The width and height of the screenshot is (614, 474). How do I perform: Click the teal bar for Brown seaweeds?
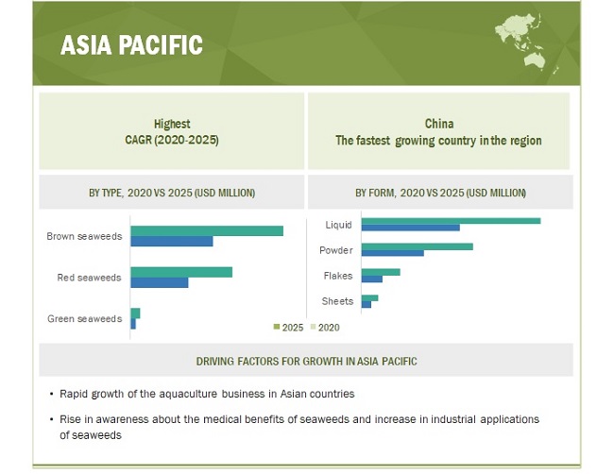(x=207, y=231)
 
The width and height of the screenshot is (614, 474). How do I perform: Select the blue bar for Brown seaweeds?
(x=172, y=241)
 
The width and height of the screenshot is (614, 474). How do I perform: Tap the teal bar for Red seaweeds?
(x=181, y=272)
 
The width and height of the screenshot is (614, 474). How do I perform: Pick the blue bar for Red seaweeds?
(x=160, y=282)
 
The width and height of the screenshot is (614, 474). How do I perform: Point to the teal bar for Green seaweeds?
(x=135, y=313)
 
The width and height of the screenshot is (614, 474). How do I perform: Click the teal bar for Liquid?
(x=452, y=221)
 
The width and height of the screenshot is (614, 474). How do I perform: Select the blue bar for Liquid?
(x=410, y=228)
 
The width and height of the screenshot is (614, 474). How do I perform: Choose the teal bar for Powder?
(x=417, y=246)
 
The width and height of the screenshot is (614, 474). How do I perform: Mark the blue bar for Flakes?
(x=372, y=279)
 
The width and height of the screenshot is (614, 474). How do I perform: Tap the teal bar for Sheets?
(x=369, y=297)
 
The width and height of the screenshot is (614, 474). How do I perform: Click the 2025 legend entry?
(x=289, y=328)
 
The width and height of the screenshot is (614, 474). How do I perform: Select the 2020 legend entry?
(x=325, y=328)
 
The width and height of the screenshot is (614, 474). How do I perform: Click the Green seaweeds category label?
(x=85, y=318)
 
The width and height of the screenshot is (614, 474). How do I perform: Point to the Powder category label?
(x=336, y=250)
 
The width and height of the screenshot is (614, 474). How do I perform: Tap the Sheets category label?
(x=337, y=301)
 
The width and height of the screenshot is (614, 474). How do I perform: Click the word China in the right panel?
(x=439, y=124)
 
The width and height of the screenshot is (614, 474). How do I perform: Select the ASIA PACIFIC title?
(x=131, y=44)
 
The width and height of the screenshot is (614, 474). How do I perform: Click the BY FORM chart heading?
(x=440, y=193)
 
